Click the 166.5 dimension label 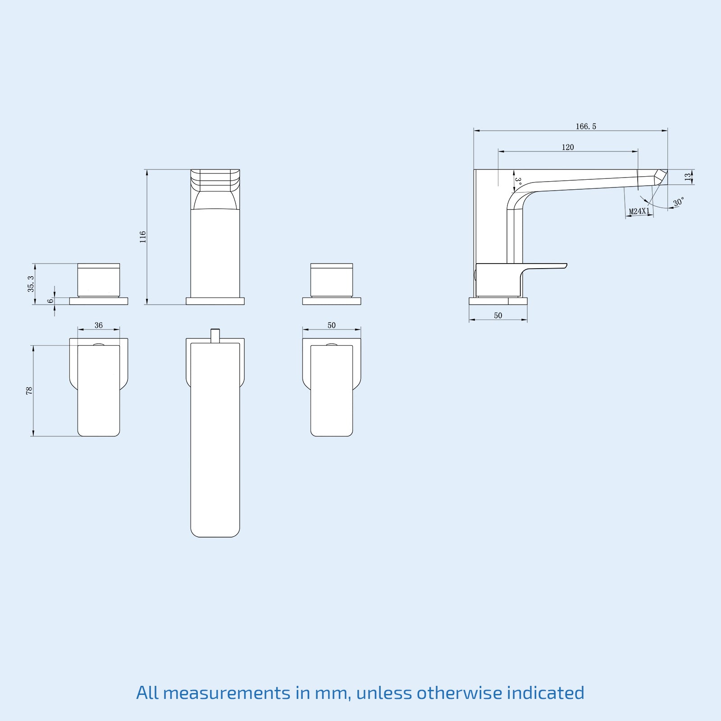click(585, 127)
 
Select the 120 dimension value click(568, 147)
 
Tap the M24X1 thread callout click(639, 211)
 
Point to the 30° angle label click(679, 202)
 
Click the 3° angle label click(518, 182)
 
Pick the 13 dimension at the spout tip click(688, 177)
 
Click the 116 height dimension click(143, 237)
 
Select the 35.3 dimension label click(31, 284)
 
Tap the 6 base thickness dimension click(50, 301)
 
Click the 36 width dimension click(99, 325)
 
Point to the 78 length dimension click(29, 391)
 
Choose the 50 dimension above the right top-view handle click(332, 325)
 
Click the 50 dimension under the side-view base click(498, 316)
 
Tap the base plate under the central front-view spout click(215, 301)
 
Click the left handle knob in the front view click(99, 280)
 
